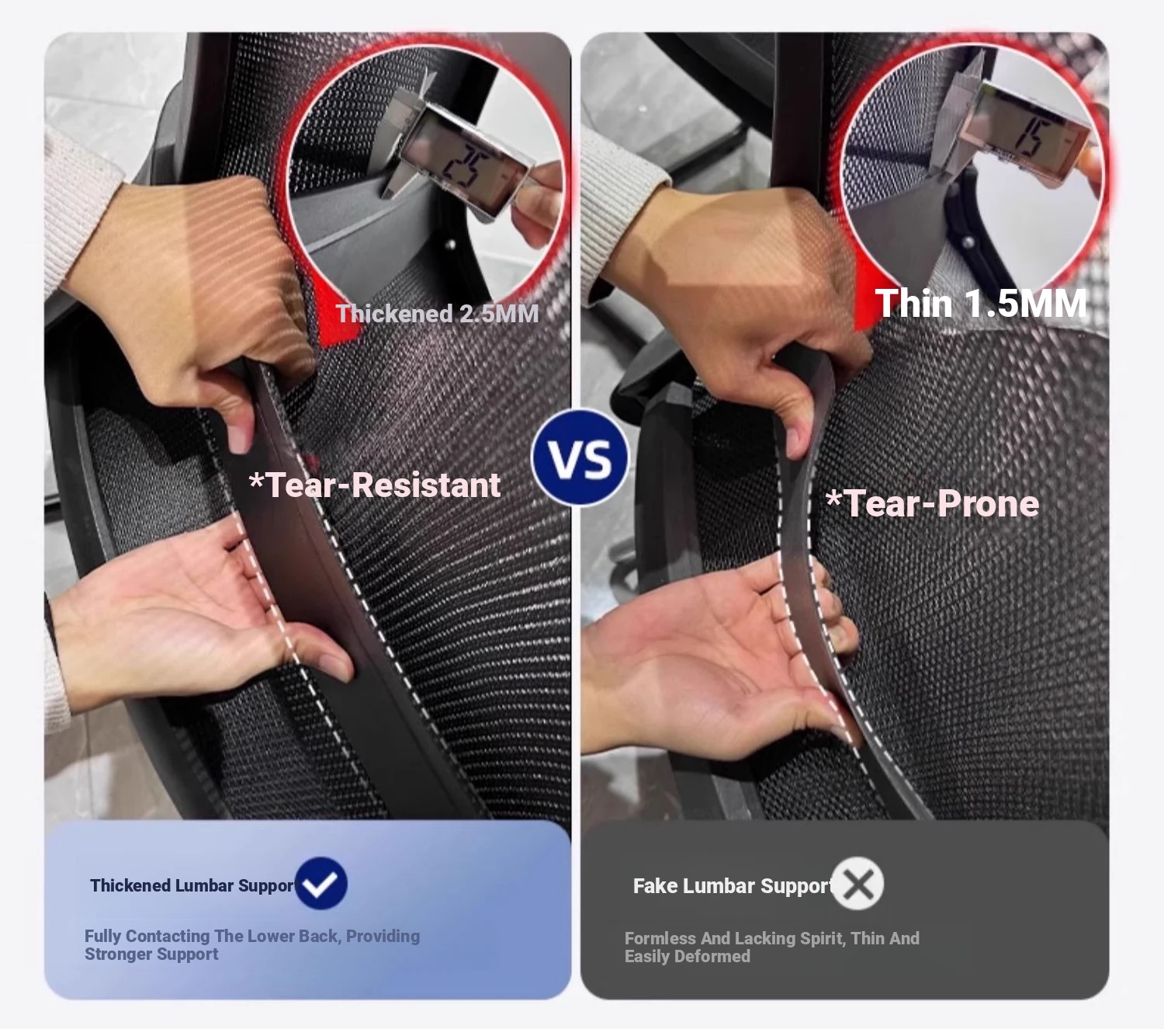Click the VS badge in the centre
pos(580,458)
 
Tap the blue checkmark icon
pos(320,884)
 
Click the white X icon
pos(857,884)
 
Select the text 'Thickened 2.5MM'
pos(437,314)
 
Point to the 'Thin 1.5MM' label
pos(980,303)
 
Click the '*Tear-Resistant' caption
pos(375,485)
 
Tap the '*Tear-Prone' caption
pos(932,504)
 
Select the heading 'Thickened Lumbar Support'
pos(192,885)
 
